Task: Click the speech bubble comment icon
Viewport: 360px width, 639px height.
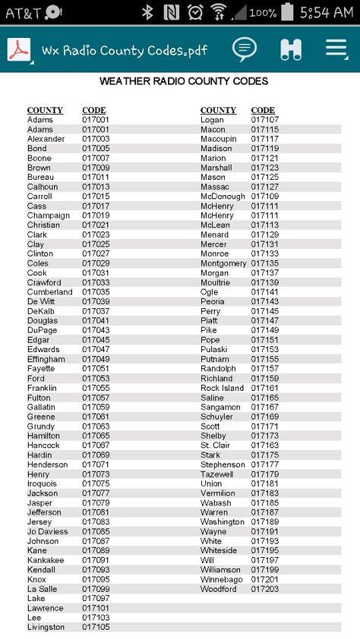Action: pos(245,49)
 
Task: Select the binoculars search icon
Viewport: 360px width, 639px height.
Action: pos(291,49)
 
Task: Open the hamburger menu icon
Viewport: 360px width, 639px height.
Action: pos(336,49)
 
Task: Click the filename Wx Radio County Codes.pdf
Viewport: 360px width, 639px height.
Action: pos(124,50)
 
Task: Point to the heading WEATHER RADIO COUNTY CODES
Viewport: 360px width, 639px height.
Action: pos(184,81)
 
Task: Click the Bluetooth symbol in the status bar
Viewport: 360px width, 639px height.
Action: pos(148,12)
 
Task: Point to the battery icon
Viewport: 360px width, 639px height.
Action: pos(287,12)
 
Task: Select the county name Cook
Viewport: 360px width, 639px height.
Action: pos(37,273)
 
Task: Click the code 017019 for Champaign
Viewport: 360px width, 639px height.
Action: pos(96,216)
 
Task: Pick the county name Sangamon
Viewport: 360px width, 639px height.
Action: pos(220,408)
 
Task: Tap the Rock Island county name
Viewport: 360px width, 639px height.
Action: pos(222,388)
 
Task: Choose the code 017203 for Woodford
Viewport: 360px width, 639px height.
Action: pos(265,589)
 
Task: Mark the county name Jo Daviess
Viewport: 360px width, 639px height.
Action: pos(48,532)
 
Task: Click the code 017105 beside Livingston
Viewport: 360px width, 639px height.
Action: pos(96,628)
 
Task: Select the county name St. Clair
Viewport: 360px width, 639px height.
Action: pos(216,445)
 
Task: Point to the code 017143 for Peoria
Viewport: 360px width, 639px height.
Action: pos(265,302)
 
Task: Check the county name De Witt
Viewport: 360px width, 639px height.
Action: pos(42,302)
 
